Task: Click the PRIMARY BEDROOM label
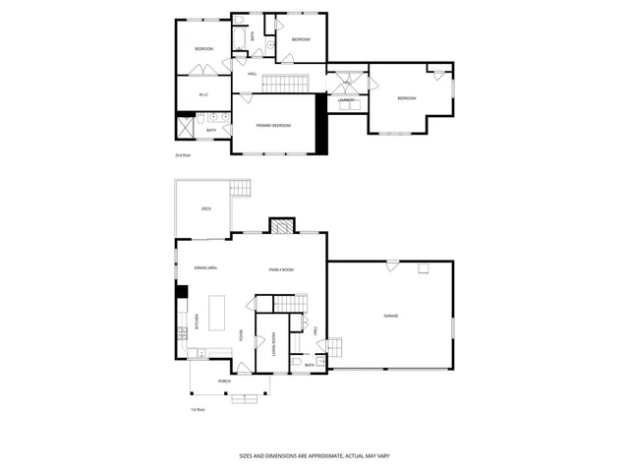[x=273, y=126]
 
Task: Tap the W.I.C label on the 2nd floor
[x=203, y=95]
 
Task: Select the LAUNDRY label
[x=346, y=100]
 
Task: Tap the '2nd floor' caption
[x=183, y=155]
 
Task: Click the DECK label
[x=206, y=208]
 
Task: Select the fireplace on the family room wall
[x=282, y=226]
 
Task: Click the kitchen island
[x=218, y=315]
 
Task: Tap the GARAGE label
[x=390, y=316]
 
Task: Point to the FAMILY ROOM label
[x=282, y=268]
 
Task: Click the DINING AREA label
[x=205, y=267]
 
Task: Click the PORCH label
[x=210, y=380]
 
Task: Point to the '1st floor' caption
[x=199, y=409]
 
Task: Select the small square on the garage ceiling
[x=424, y=267]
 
